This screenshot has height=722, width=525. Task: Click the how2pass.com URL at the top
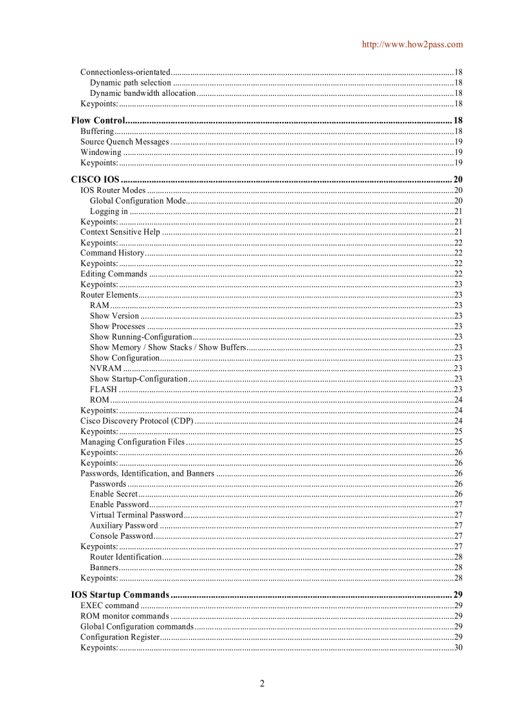(412, 44)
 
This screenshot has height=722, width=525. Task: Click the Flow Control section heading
(97, 120)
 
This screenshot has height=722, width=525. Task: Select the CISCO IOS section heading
(95, 179)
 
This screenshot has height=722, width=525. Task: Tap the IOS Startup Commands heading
(120, 595)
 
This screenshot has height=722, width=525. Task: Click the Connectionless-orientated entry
(125, 72)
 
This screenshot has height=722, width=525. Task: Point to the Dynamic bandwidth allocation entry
(142, 93)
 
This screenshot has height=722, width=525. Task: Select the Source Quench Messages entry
(125, 142)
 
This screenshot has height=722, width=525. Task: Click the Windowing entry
(100, 152)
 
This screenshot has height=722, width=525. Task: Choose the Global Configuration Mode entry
(138, 201)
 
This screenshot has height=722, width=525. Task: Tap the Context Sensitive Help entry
(120, 232)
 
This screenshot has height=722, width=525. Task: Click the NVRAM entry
(106, 368)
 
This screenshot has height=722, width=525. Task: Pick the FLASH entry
(104, 390)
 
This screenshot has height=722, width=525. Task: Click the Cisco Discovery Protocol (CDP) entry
(136, 421)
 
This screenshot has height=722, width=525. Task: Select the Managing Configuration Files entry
(133, 442)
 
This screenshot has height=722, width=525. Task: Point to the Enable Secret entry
(114, 494)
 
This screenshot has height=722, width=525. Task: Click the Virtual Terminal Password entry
(136, 515)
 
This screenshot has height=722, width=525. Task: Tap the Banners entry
(104, 568)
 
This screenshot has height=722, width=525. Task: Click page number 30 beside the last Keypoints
(459, 647)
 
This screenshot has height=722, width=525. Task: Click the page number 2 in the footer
(262, 683)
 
